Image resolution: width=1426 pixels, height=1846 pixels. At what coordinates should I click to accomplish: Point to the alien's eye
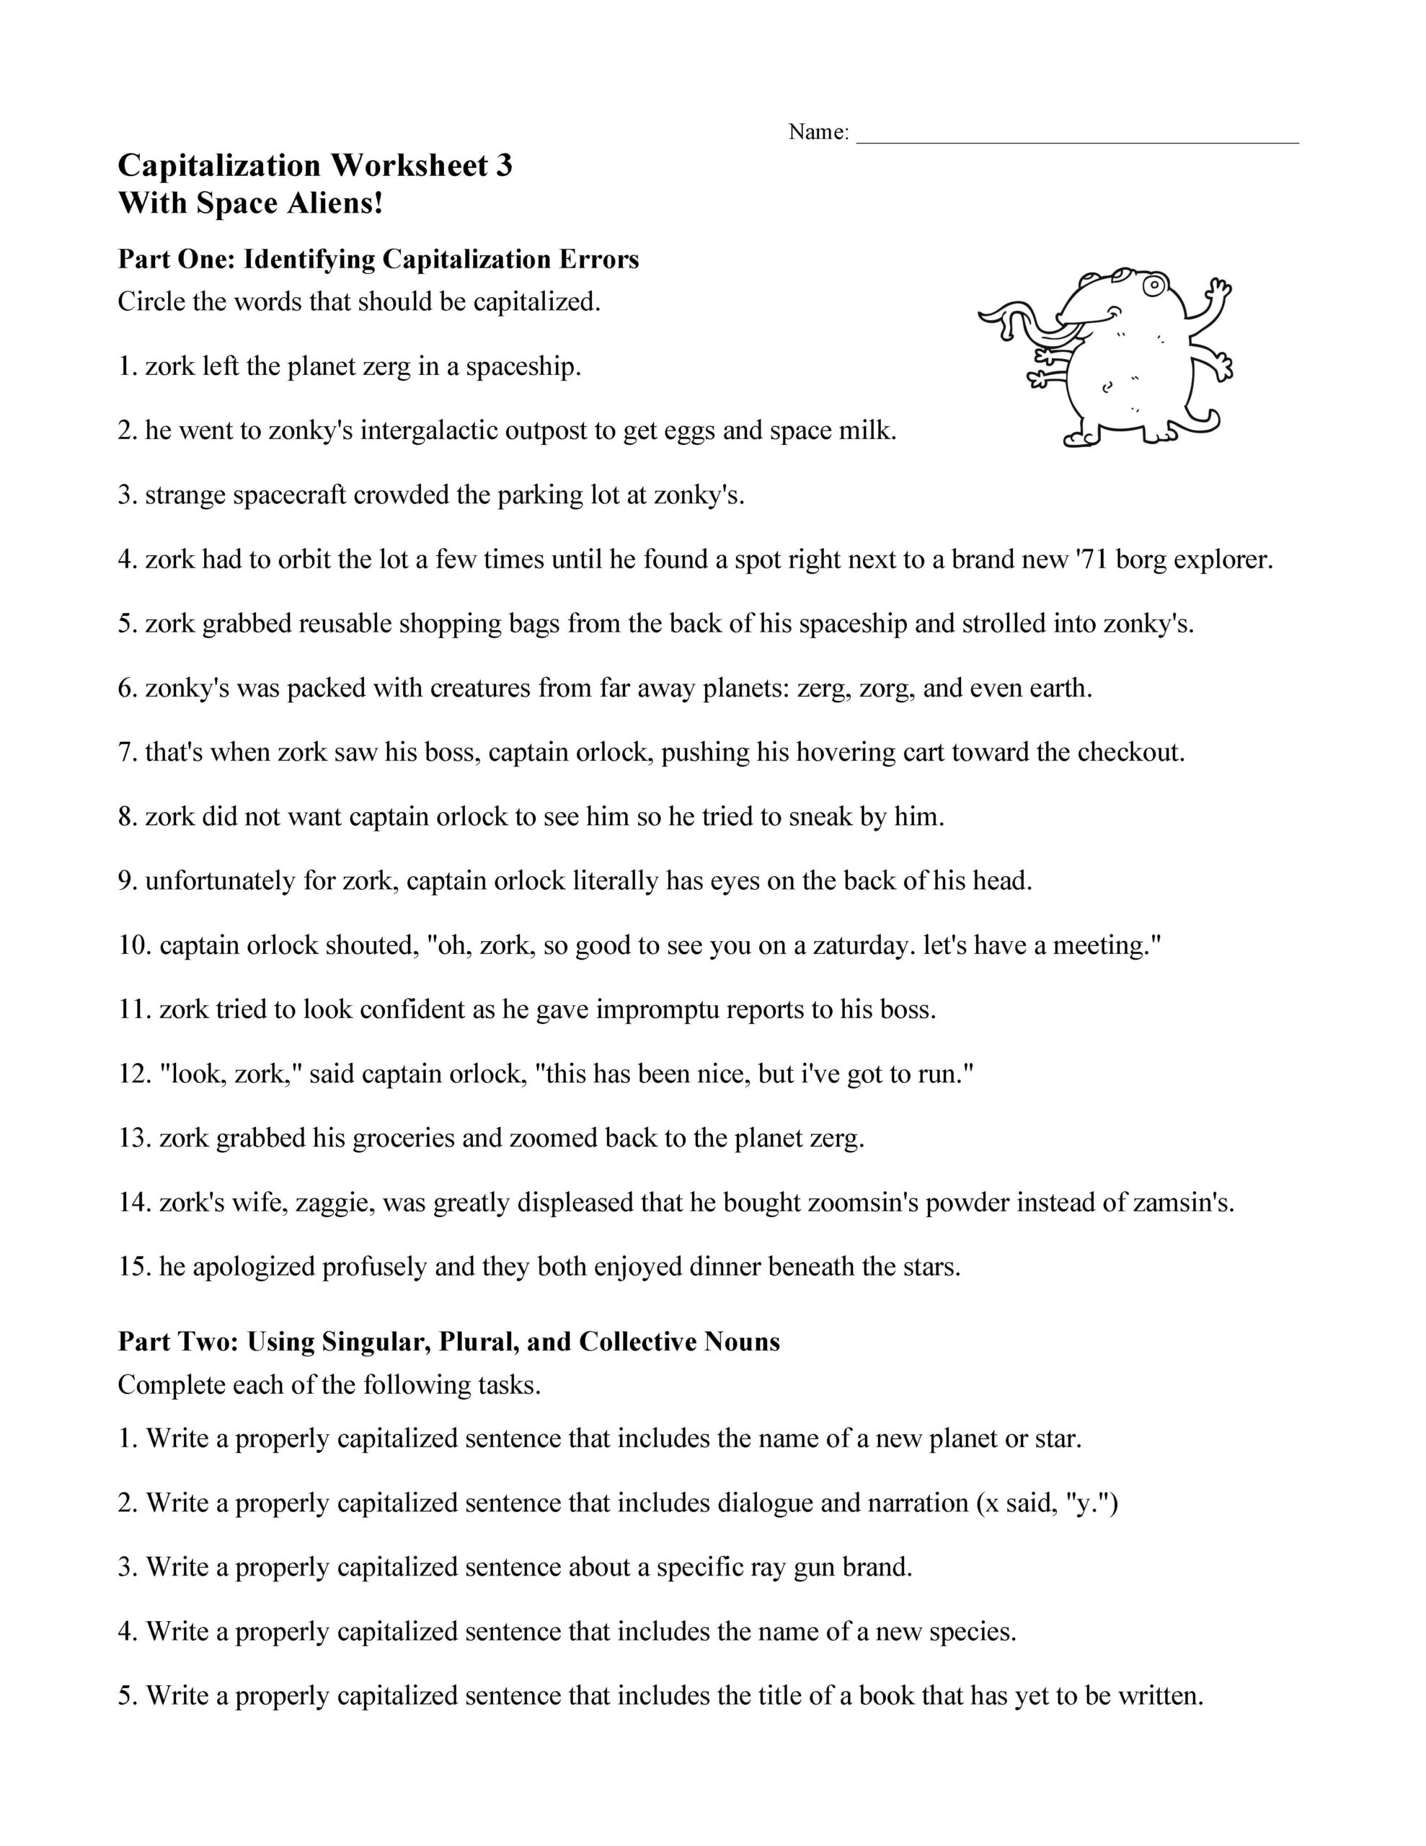click(x=1153, y=286)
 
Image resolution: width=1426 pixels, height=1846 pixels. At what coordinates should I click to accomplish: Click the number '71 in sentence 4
click(x=1092, y=560)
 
